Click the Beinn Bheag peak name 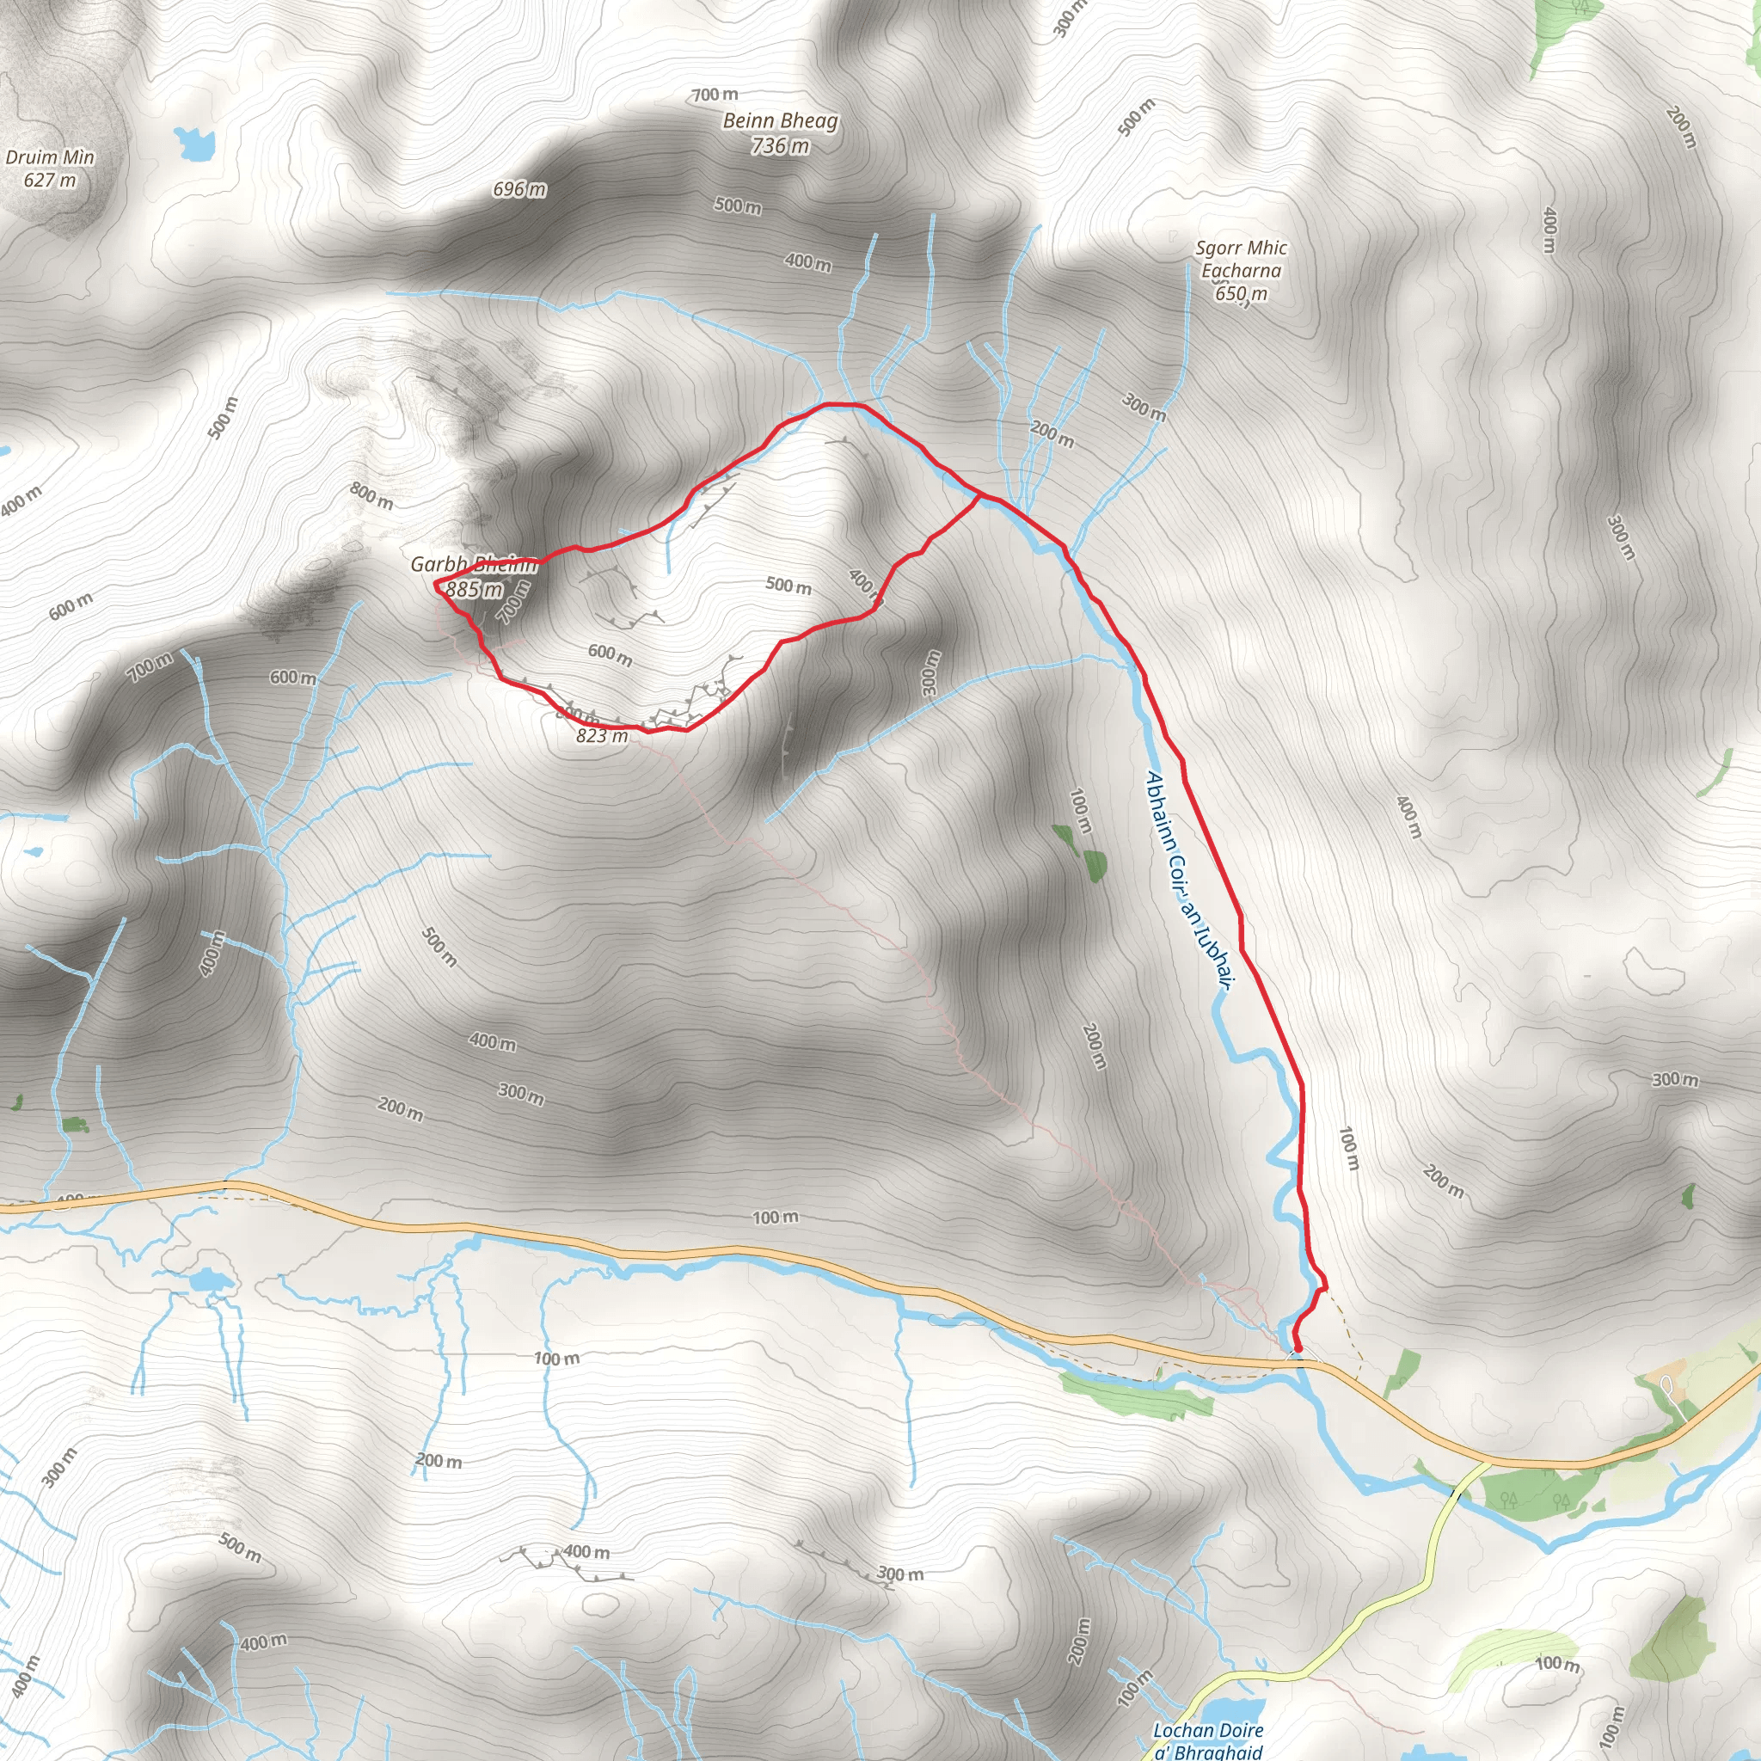coord(780,121)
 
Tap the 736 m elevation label coord(780,146)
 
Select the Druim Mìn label coord(50,157)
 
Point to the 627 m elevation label coord(50,181)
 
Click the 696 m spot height coord(519,189)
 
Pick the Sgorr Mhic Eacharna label coord(1242,259)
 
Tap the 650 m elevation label coord(1242,293)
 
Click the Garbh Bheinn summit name coord(474,565)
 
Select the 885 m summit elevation coord(474,590)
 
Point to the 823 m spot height coord(602,735)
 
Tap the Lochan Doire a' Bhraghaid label coord(1209,1740)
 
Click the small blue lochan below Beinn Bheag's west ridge coord(195,142)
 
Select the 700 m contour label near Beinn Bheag coord(715,95)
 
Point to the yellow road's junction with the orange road coord(1484,1464)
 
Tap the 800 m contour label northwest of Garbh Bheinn coord(371,496)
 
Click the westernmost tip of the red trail coord(436,581)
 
